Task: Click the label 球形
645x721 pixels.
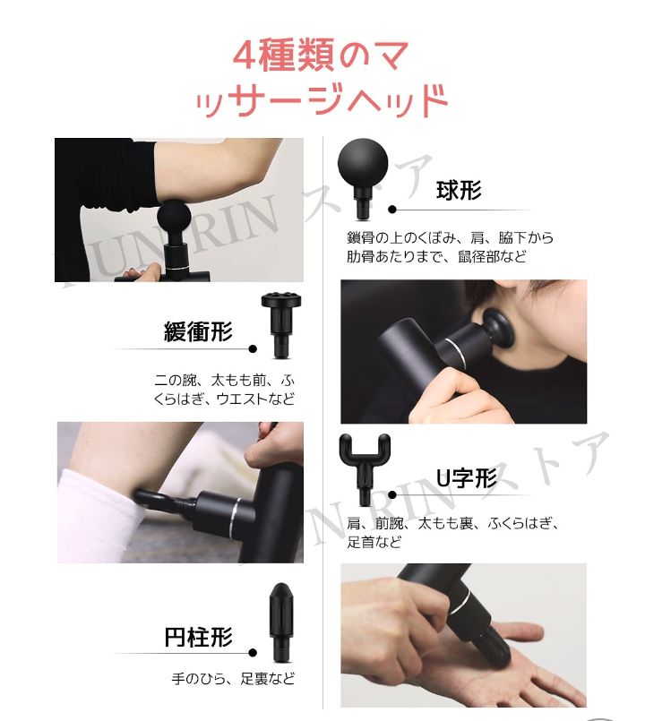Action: (x=459, y=190)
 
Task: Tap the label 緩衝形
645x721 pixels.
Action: (x=198, y=332)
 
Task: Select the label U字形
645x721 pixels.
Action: (x=466, y=478)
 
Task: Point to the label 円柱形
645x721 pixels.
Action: (x=198, y=637)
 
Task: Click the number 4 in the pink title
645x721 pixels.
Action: (x=246, y=56)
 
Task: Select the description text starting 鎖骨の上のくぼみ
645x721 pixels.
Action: (x=450, y=247)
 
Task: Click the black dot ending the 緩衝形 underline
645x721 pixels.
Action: (x=253, y=349)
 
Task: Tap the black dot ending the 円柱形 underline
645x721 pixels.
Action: (x=253, y=653)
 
